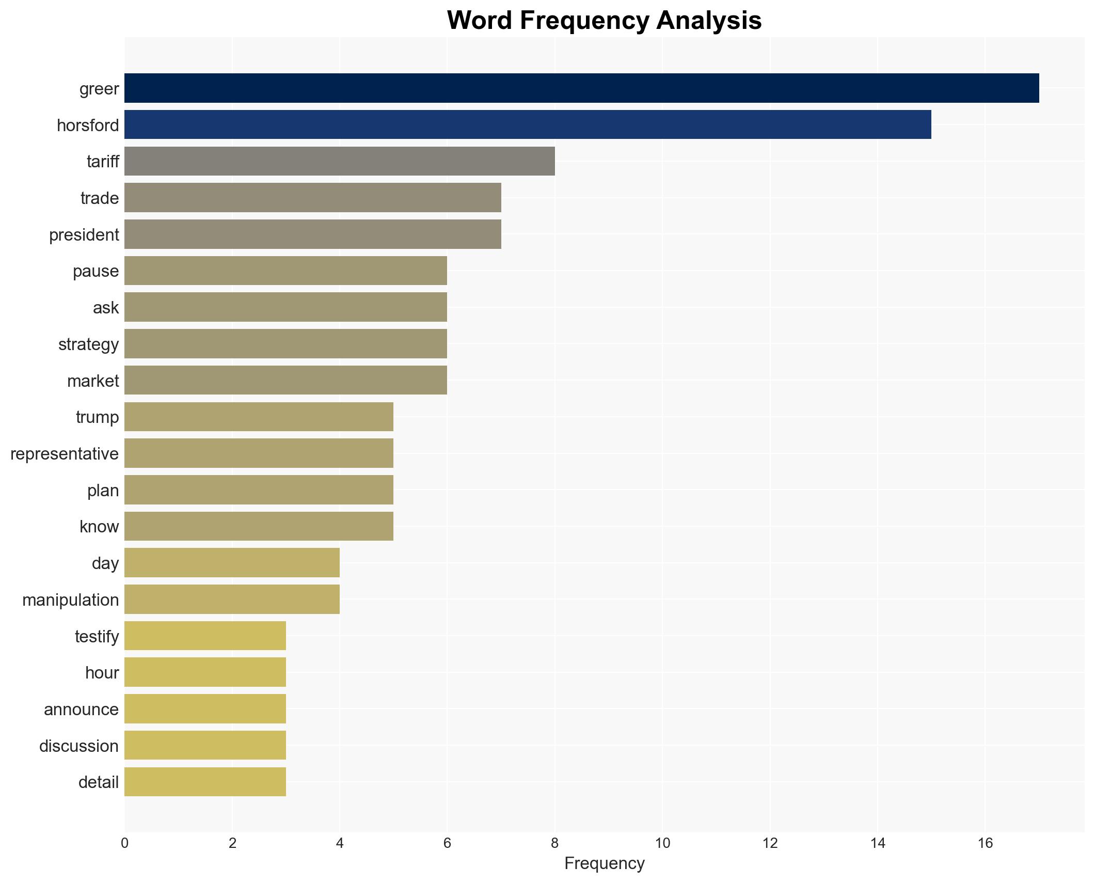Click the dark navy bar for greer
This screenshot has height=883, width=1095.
(x=581, y=88)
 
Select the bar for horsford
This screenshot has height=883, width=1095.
(x=528, y=125)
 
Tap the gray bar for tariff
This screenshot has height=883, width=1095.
(x=340, y=161)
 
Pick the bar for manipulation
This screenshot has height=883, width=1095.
(x=232, y=600)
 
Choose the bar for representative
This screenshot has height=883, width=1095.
(x=259, y=453)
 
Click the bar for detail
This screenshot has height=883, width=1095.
(x=205, y=782)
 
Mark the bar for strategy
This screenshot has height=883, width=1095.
(x=285, y=344)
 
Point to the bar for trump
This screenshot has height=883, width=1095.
(x=259, y=417)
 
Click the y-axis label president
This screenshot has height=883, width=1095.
(x=84, y=235)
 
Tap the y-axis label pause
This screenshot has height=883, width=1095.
(x=96, y=271)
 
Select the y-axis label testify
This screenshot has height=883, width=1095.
(x=97, y=636)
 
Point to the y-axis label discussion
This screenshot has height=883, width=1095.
(x=79, y=746)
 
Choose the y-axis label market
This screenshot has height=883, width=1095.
(x=93, y=381)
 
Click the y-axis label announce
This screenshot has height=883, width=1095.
(x=81, y=709)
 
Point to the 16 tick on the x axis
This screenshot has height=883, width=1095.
(x=985, y=843)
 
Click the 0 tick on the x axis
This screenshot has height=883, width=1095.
(x=124, y=843)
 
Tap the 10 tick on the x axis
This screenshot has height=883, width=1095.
(x=662, y=843)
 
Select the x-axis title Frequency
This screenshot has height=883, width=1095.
(x=604, y=863)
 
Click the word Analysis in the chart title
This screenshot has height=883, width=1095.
(x=709, y=21)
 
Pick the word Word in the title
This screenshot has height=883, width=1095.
(x=480, y=21)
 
